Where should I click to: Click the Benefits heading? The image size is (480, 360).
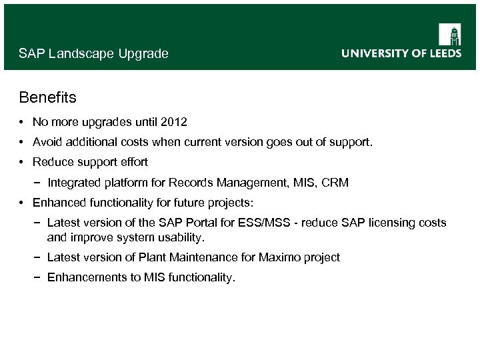click(47, 98)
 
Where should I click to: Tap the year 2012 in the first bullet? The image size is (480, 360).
click(174, 123)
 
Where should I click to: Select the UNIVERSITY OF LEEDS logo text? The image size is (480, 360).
click(401, 53)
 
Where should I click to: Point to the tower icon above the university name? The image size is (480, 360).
click(449, 34)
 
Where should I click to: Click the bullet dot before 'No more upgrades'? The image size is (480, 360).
click(23, 123)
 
